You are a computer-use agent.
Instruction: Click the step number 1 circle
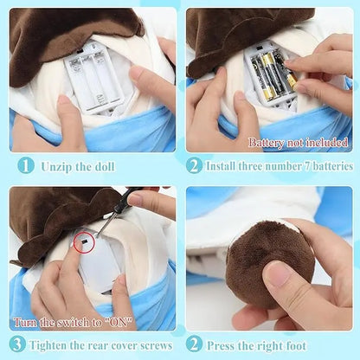coord(27,164)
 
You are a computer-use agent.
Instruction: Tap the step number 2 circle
coord(194,164)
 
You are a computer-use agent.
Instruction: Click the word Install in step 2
coord(227,165)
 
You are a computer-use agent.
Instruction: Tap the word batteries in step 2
coord(326,165)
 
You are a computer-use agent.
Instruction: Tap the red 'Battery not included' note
coord(299,141)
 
